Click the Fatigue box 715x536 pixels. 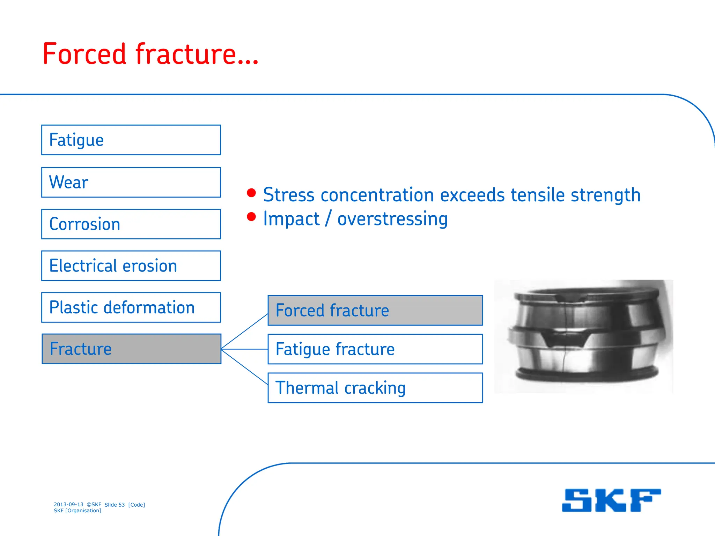click(x=131, y=140)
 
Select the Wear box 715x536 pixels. click(x=131, y=182)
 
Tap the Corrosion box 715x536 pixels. click(x=131, y=224)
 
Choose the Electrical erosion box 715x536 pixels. click(x=131, y=266)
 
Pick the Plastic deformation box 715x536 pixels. click(x=131, y=307)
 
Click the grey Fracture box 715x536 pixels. click(x=131, y=349)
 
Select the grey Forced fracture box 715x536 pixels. click(x=375, y=311)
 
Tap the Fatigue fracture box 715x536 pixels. click(x=375, y=349)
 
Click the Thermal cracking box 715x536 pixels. click(x=375, y=388)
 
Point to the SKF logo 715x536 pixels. click(x=611, y=500)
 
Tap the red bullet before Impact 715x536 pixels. click(x=251, y=217)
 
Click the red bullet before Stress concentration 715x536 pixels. click(x=251, y=193)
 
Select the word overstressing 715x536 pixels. click(x=392, y=219)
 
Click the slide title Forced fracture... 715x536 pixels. click(x=150, y=54)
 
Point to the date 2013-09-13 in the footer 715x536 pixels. click(x=68, y=505)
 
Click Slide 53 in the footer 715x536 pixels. click(x=115, y=505)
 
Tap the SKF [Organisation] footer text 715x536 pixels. click(x=78, y=511)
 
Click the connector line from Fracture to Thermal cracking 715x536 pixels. click(x=244, y=367)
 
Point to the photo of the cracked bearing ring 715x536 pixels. click(x=583, y=336)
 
